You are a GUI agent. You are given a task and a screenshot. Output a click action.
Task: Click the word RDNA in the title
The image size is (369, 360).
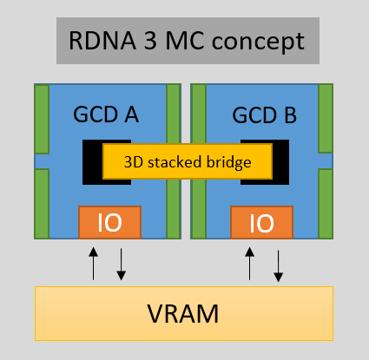[x=102, y=41]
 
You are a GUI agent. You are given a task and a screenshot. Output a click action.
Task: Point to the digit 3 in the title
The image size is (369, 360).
[x=150, y=41]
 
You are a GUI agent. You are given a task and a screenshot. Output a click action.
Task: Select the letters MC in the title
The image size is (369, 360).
[x=184, y=41]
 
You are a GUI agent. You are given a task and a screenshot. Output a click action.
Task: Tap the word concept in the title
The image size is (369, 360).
[x=258, y=42]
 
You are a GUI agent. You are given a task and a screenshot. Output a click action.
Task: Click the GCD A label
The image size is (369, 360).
[x=106, y=115]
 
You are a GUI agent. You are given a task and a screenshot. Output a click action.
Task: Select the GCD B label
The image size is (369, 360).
[x=264, y=115]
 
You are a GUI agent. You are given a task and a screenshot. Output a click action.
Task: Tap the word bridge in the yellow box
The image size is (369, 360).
[x=227, y=162]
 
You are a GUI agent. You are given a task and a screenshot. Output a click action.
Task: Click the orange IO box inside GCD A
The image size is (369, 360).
[x=109, y=222]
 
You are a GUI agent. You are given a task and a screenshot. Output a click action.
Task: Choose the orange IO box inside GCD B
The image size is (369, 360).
[x=262, y=222]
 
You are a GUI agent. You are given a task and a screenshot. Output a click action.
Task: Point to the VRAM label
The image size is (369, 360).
[x=183, y=314]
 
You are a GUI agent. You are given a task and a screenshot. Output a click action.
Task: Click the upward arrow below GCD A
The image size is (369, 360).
[x=93, y=264]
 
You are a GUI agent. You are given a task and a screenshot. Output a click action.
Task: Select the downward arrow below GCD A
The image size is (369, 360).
[x=122, y=265]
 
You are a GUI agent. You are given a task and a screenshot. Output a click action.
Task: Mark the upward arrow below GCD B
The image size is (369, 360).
[x=249, y=264]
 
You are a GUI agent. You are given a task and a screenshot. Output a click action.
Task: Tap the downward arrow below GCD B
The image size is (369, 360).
[x=278, y=266]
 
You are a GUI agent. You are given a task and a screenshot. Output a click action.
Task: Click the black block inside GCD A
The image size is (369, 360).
[x=92, y=162]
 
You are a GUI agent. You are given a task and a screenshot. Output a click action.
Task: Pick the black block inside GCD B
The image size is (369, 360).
[x=280, y=162]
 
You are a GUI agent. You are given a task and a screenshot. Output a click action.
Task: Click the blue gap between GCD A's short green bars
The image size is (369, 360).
[x=42, y=161]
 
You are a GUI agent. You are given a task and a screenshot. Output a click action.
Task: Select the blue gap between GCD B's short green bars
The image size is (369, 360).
[x=326, y=160]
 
